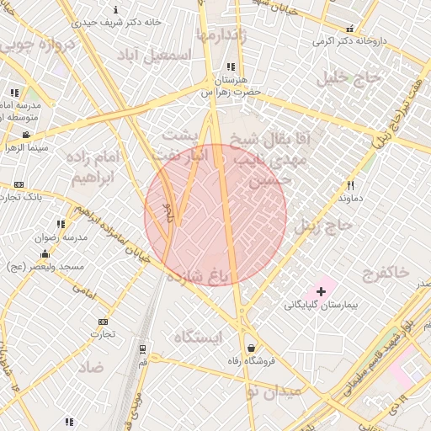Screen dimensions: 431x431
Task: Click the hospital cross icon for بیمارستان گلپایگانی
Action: point(321,290)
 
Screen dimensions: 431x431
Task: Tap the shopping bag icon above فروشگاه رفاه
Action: point(251,348)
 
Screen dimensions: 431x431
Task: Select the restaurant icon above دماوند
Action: point(351,185)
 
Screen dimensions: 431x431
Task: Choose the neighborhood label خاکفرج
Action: point(386,272)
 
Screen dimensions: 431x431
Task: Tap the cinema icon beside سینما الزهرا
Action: point(26,134)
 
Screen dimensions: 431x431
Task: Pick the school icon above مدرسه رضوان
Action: point(60,224)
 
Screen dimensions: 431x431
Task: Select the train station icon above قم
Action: point(143,348)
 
